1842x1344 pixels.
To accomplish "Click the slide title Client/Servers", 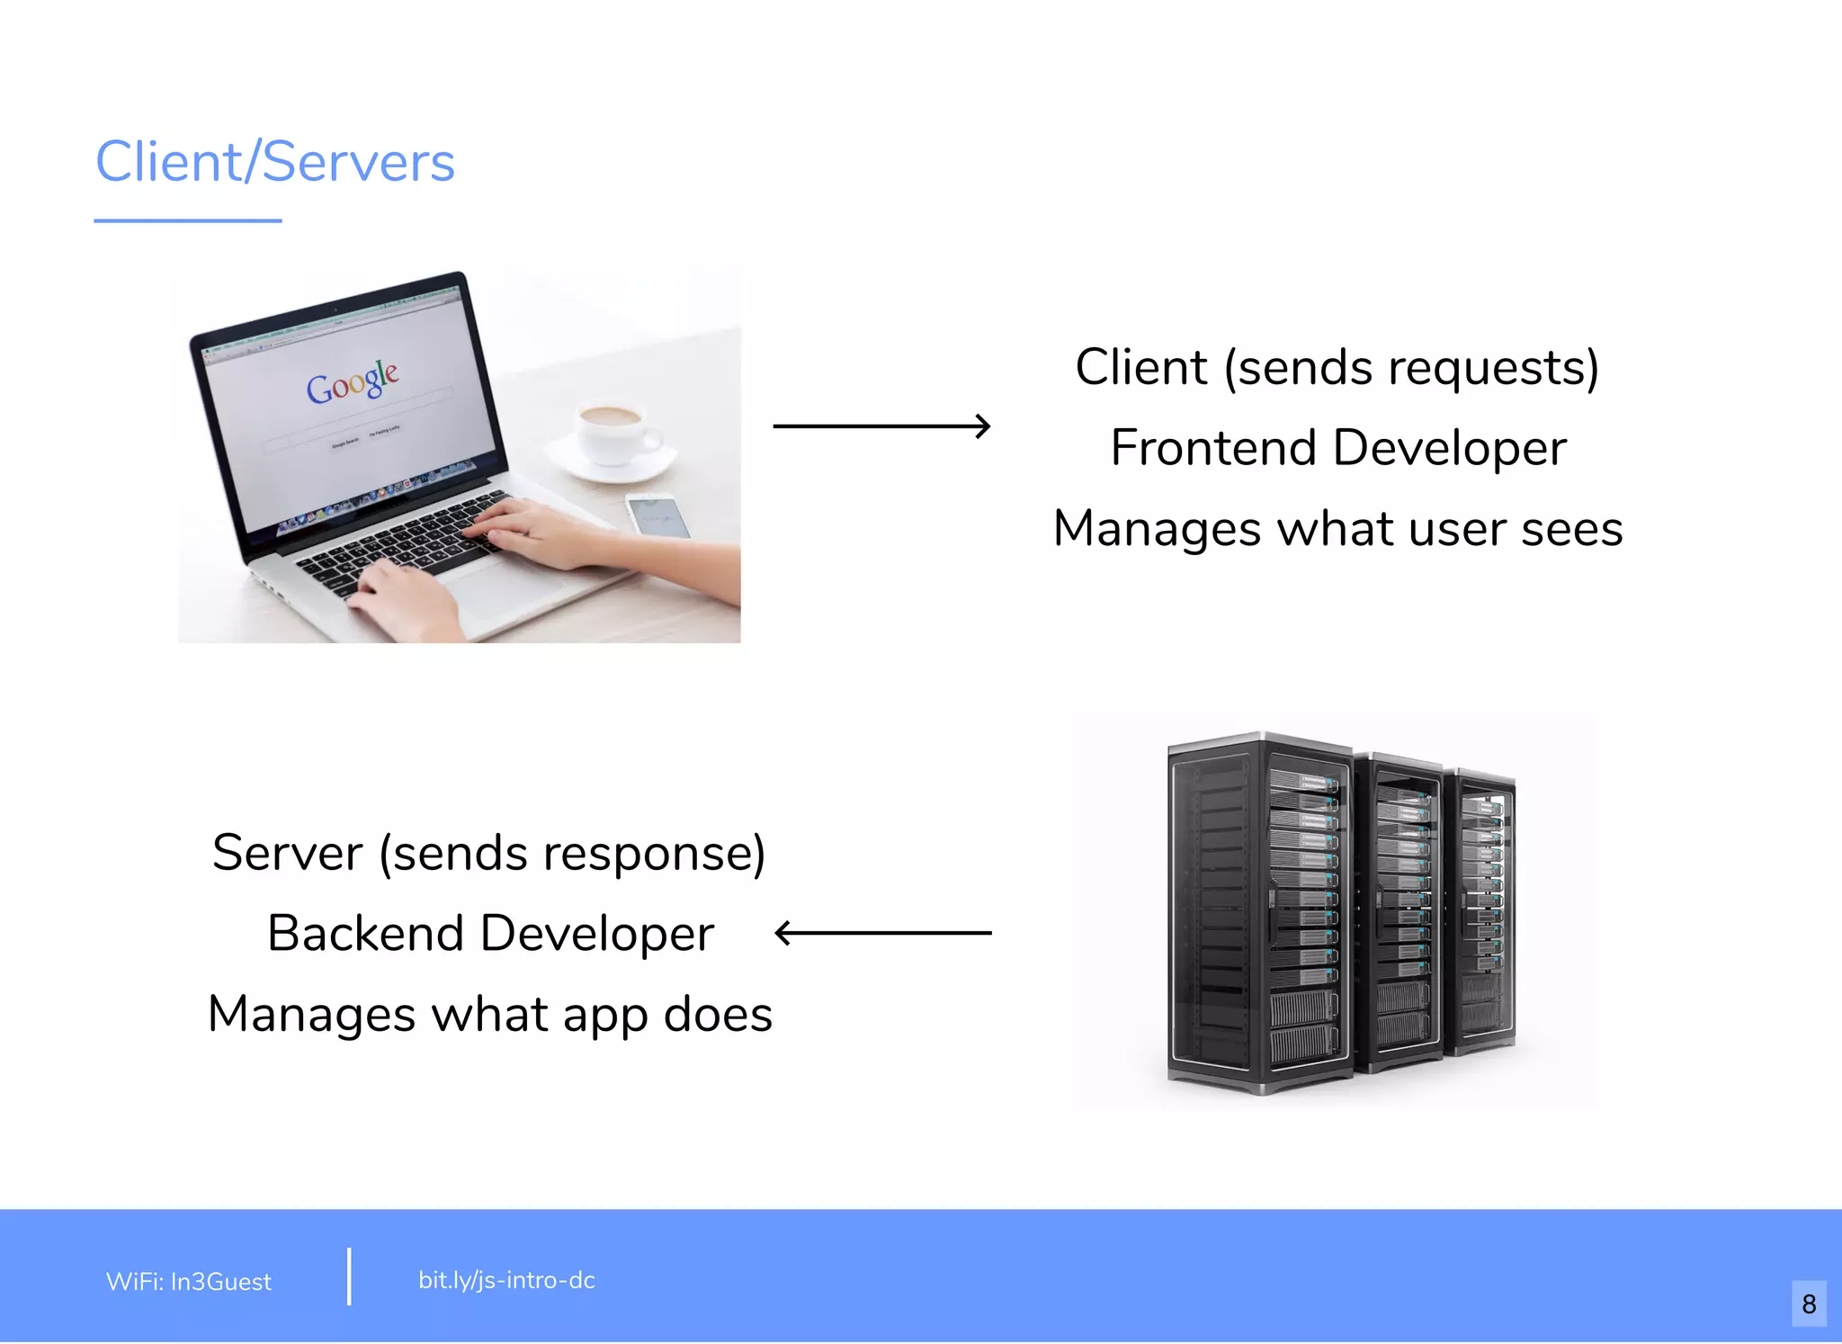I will coord(275,162).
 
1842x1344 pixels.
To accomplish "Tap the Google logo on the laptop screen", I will coord(352,381).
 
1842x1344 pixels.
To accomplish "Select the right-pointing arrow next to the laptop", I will coord(881,426).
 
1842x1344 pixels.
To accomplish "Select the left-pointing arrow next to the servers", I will coord(883,933).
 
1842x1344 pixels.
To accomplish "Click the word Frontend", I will coord(1213,448).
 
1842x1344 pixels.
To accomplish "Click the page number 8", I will coord(1809,1304).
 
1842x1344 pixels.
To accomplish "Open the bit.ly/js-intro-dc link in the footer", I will coord(506,1280).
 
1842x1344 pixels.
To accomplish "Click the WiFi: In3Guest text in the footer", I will coord(189,1281).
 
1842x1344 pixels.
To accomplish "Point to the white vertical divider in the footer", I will coord(349,1276).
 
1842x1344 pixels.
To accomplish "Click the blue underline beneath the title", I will coord(188,220).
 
